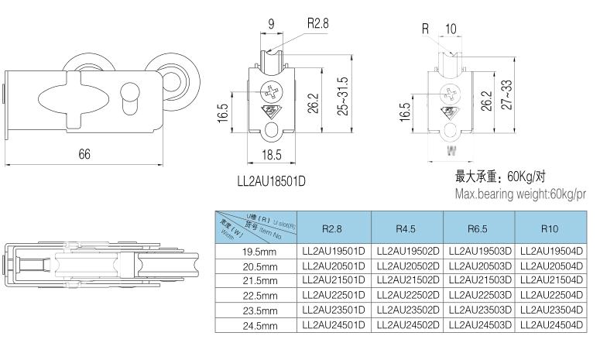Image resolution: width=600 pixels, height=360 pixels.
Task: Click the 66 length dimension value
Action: (84, 154)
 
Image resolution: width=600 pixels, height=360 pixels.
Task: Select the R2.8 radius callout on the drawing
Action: (317, 24)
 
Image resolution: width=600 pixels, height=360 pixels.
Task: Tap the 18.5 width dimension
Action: (271, 155)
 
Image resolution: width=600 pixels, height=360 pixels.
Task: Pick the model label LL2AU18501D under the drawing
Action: (271, 182)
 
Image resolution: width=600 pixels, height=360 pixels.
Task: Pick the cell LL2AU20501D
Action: (334, 266)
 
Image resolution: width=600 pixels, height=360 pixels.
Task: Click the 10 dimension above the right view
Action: (451, 29)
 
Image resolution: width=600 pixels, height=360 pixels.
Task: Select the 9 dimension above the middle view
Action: (271, 24)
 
